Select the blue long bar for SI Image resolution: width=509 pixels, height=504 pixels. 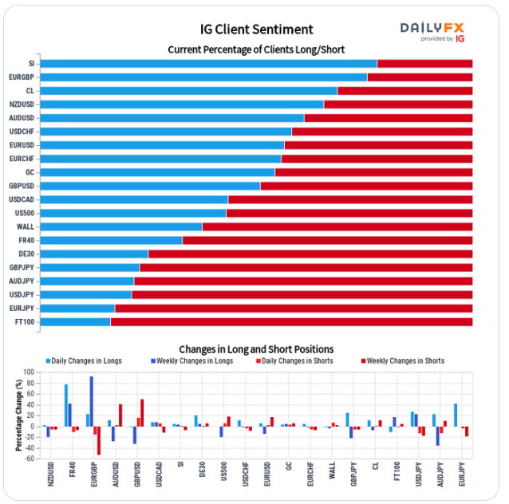[x=207, y=64]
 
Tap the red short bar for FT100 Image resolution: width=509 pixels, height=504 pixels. [x=291, y=321]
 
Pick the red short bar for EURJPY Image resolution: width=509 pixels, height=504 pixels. [x=294, y=308]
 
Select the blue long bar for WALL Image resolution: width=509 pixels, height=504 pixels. [x=120, y=226]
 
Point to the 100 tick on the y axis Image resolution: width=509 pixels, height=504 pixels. [x=30, y=372]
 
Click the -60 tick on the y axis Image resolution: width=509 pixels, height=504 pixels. [x=30, y=459]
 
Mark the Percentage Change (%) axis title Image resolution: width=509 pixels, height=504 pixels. [x=18, y=415]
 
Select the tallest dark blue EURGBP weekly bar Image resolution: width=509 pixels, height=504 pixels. [x=92, y=401]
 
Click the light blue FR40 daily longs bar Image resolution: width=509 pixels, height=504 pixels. [x=66, y=405]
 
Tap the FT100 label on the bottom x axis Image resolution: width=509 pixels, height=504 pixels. [x=396, y=477]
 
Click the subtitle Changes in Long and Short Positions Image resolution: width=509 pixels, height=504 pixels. [x=256, y=349]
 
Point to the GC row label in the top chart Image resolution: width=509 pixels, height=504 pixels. [x=30, y=172]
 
